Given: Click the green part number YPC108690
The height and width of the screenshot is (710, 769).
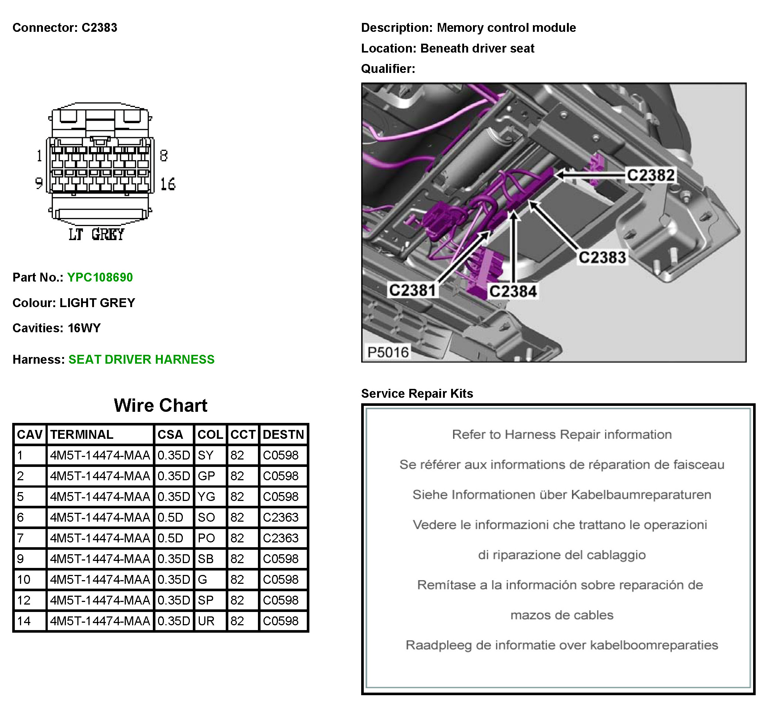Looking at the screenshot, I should [x=100, y=277].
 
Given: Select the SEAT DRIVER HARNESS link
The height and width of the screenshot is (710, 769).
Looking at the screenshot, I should [x=141, y=359].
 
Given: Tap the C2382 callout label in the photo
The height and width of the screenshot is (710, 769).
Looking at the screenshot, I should [x=650, y=175].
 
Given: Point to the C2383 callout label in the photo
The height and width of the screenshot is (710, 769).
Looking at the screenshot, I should [x=602, y=258].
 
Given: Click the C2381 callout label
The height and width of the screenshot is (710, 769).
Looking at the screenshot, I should [x=412, y=290].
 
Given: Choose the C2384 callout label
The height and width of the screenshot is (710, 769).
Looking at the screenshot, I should [x=513, y=291].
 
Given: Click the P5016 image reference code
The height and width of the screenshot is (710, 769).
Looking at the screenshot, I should [x=388, y=352].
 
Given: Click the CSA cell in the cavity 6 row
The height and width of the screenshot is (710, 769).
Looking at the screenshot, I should [x=170, y=518].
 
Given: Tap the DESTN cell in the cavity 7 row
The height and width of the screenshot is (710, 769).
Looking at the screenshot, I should [x=281, y=538].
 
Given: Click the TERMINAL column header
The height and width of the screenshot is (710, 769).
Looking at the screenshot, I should [x=81, y=434].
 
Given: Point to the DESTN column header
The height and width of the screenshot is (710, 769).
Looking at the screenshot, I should [x=283, y=434].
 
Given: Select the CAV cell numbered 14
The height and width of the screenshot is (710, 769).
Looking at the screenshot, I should [x=24, y=621].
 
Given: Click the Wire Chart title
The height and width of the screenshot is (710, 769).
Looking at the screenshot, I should [x=160, y=406].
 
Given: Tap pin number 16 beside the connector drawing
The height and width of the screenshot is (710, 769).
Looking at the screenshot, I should [x=168, y=184].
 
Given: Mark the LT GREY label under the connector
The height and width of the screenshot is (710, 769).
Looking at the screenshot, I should [x=96, y=234].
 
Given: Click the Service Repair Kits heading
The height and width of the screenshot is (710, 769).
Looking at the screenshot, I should [x=417, y=393].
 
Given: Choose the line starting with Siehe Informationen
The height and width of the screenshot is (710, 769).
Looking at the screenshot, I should [x=561, y=495].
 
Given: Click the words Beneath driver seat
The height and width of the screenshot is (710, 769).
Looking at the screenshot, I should [x=477, y=48].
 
